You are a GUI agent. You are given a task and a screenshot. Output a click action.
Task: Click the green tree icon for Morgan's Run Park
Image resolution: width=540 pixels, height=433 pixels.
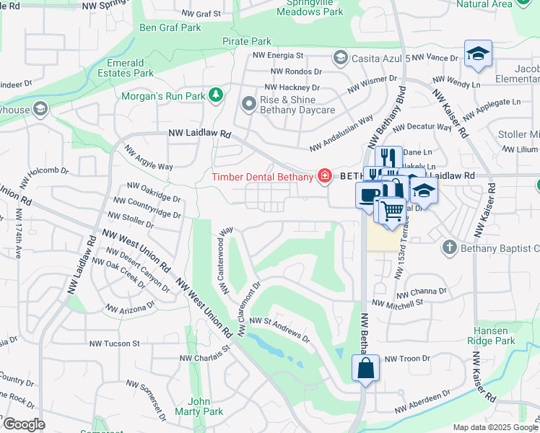click(214, 95)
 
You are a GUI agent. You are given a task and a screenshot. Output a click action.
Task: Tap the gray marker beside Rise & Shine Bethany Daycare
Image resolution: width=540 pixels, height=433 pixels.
click(249, 105)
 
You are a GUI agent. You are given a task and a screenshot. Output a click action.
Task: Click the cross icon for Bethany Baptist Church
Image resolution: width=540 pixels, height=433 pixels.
click(449, 248)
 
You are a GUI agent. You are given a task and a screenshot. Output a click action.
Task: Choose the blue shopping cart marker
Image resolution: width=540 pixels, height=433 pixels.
click(392, 210)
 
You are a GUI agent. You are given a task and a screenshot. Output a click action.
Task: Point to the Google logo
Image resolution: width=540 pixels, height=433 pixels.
click(23, 424)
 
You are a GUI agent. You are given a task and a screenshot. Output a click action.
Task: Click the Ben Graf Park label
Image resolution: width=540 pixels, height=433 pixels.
click(170, 28)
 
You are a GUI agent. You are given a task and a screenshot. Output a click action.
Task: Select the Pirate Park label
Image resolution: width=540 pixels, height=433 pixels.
click(247, 42)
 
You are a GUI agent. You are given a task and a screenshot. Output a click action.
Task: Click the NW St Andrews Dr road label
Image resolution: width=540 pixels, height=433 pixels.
click(280, 329)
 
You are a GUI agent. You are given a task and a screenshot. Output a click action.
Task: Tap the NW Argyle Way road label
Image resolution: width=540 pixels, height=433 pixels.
click(149, 158)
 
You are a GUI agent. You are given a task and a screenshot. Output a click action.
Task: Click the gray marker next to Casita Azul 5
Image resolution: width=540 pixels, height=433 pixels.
click(339, 57)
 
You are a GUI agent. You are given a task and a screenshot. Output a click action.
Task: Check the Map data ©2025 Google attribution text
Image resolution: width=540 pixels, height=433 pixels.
click(494, 427)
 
